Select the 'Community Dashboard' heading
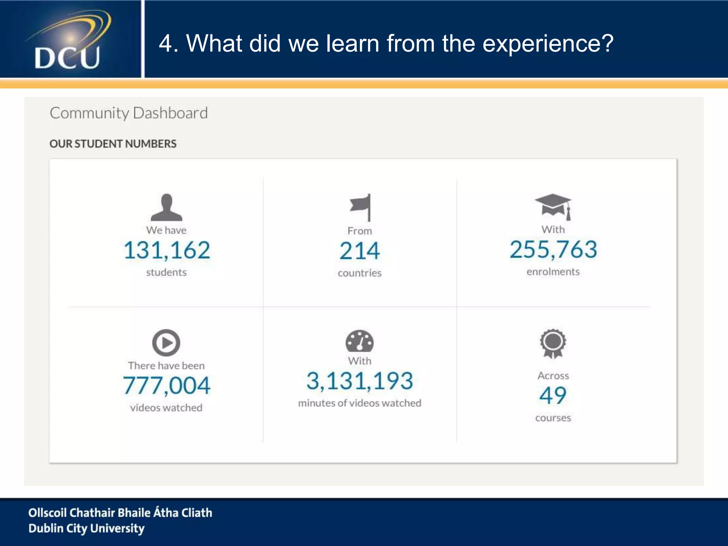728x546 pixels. point(129,113)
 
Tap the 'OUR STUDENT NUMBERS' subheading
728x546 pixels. point(113,144)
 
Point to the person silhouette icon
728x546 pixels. point(166,208)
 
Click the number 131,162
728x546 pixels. point(167,250)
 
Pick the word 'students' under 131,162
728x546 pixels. point(166,272)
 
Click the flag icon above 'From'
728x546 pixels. point(360,207)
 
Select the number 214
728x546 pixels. point(360,251)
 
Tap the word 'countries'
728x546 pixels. point(360,273)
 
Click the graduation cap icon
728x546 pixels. point(553,207)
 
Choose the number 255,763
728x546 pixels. point(553,249)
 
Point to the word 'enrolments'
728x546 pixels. point(553,272)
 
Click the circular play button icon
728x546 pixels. point(166,343)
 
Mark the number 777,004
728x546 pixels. point(167,385)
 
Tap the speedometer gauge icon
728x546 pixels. point(360,341)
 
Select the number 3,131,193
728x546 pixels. point(360,381)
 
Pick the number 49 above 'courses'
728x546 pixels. point(553,395)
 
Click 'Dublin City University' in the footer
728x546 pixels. point(87,529)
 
